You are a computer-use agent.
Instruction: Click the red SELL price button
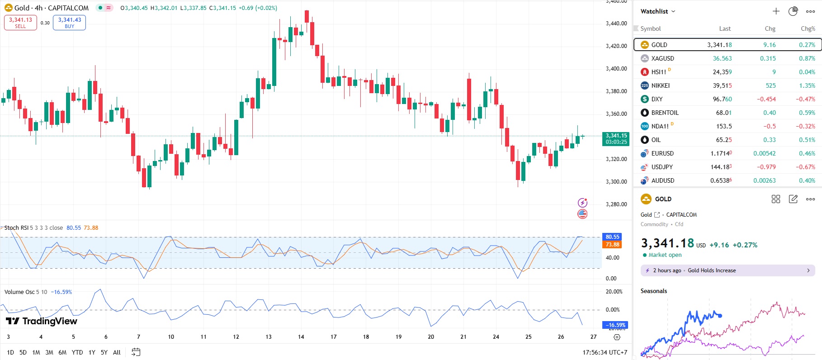coord(20,23)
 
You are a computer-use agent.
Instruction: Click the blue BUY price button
coord(69,23)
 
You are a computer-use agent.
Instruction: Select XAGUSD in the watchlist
coord(662,58)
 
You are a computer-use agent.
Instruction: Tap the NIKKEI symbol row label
coord(660,85)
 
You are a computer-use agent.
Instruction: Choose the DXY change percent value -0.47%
coord(805,99)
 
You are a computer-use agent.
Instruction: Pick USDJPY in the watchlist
coord(662,167)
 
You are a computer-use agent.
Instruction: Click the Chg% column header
coord(808,28)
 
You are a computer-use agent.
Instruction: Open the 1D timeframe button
coord(10,352)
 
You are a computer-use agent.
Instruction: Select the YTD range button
coord(77,352)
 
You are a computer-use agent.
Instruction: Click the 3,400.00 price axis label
coord(616,69)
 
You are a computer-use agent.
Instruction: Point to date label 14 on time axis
coord(301,337)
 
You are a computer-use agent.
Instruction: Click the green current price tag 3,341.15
coord(616,138)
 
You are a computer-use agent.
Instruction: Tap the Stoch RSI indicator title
coord(16,227)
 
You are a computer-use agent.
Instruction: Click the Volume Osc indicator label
coord(19,292)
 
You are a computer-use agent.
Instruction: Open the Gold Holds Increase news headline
coord(712,270)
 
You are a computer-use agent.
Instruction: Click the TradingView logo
coord(42,321)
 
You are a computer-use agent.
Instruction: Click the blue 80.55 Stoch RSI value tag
coord(612,237)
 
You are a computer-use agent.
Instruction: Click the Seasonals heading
coord(653,291)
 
